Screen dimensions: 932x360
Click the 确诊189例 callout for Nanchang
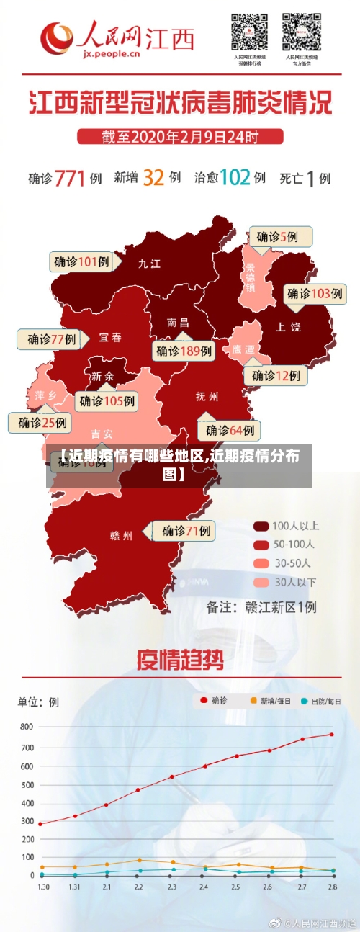pos(184,351)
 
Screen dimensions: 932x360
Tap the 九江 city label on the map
pos(149,264)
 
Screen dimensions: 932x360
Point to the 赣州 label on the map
pos(121,535)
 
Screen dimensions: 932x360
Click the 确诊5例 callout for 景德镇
pos(282,236)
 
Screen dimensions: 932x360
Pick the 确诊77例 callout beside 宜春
pos(52,339)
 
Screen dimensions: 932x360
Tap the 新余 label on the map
pos(102,376)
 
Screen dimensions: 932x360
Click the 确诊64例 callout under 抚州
pos(230,431)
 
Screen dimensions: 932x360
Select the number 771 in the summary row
pos(70,178)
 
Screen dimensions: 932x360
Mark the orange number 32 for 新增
pos(153,177)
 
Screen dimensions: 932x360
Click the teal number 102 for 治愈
pos(235,177)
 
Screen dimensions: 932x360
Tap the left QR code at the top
pos(249,32)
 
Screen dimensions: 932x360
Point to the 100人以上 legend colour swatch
pos(261,525)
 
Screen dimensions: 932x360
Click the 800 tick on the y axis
pos(27,727)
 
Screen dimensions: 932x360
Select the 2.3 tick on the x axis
pos(172,887)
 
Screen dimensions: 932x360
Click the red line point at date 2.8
pos(332,735)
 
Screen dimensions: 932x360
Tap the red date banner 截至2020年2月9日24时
pos(179,135)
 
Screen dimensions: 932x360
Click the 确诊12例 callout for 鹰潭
pos(276,375)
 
